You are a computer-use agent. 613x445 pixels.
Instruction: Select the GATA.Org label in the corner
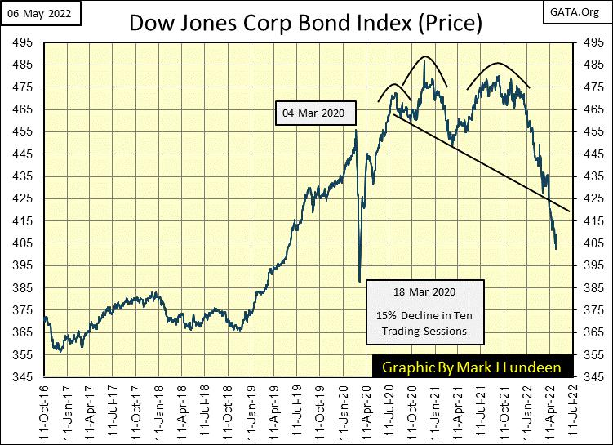coord(583,11)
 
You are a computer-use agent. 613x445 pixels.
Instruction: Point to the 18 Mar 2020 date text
coord(425,291)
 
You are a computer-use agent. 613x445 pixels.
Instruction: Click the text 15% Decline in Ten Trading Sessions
coord(425,323)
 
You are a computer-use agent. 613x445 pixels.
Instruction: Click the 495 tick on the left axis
coord(18,42)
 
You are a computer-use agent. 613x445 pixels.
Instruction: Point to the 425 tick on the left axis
coord(18,198)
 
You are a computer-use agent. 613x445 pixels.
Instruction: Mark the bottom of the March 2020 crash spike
coord(359,282)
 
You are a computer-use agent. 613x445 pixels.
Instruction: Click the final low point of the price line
coord(556,249)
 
